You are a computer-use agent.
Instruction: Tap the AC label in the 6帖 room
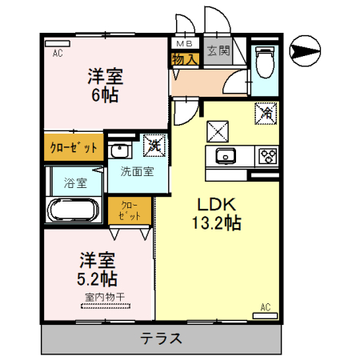click(x=57, y=54)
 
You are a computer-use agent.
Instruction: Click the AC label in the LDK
click(x=265, y=306)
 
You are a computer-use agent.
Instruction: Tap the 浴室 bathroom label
click(x=75, y=182)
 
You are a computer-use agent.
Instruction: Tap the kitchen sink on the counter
click(x=224, y=155)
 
